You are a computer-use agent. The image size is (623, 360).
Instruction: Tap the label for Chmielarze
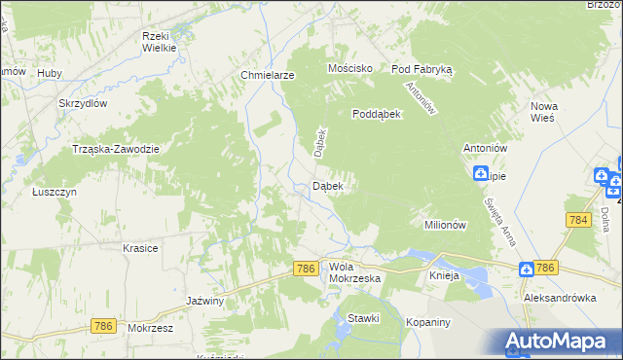click(267, 74)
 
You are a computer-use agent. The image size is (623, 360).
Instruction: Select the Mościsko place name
click(351, 69)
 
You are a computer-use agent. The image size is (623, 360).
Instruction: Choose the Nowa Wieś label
click(542, 111)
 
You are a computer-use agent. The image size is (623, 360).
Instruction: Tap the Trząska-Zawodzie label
click(116, 149)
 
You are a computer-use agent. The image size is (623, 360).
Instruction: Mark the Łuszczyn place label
click(55, 193)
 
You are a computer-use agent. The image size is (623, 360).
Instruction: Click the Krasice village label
click(140, 248)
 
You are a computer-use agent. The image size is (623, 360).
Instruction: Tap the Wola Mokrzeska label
click(354, 271)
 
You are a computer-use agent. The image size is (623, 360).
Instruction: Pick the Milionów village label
click(447, 225)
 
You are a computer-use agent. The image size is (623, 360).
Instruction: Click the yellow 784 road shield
click(578, 221)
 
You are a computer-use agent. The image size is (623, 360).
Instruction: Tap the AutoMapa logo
click(559, 342)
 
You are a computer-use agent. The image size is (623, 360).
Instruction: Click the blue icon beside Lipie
click(481, 174)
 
